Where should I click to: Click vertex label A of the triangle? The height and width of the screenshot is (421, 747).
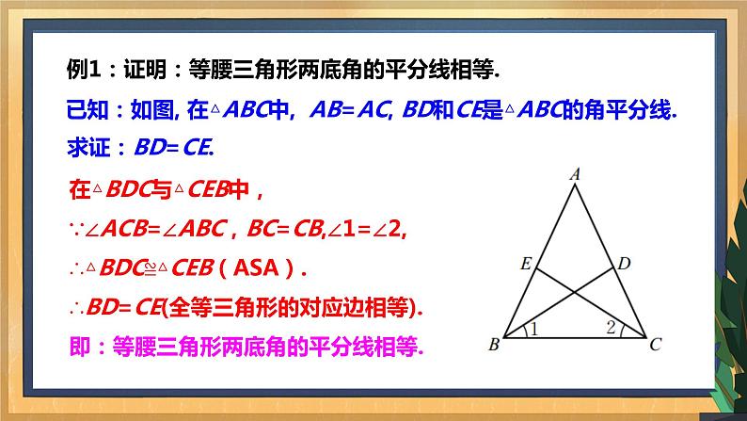pyautogui.click(x=575, y=173)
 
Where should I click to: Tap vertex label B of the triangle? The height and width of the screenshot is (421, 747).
pyautogui.click(x=492, y=346)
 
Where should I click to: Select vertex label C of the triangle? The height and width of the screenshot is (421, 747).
pyautogui.click(x=655, y=346)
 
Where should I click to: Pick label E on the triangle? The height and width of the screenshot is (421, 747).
pyautogui.click(x=525, y=265)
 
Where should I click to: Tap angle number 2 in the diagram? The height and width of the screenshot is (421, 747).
pyautogui.click(x=611, y=328)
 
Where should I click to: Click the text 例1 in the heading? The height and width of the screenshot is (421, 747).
pyautogui.click(x=83, y=69)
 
